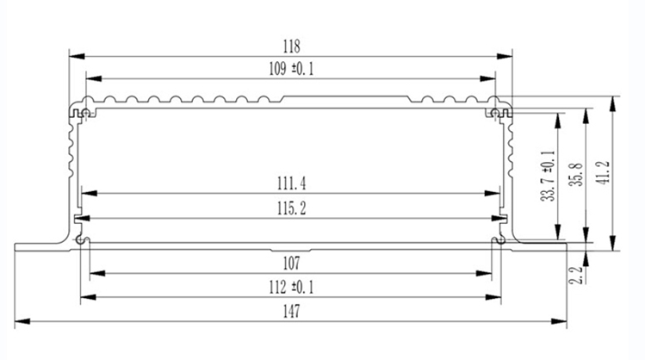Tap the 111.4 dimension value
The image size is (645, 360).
(x=292, y=183)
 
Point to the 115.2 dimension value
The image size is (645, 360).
(x=292, y=208)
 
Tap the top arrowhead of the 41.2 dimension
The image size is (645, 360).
(x=613, y=100)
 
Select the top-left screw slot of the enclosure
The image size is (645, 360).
(x=80, y=113)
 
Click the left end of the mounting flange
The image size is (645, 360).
(x=19, y=247)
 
